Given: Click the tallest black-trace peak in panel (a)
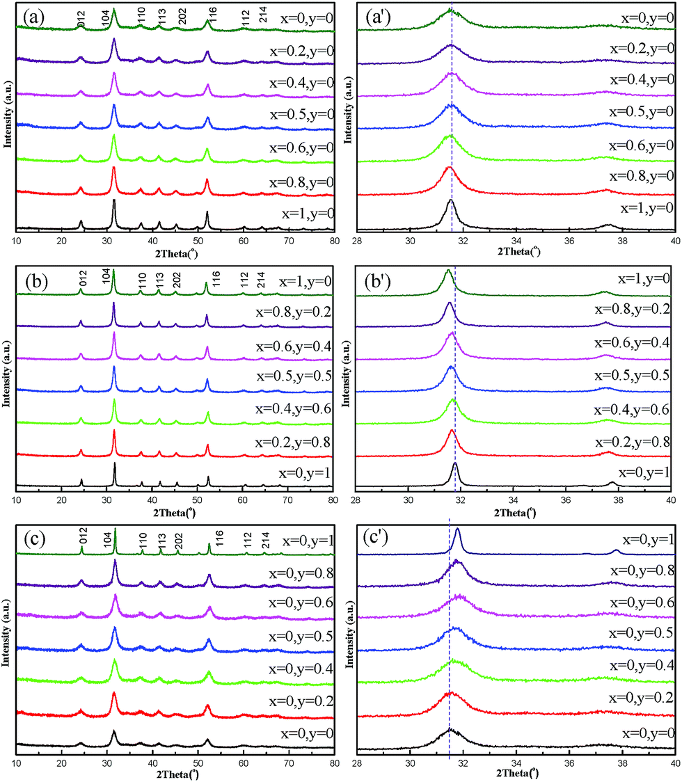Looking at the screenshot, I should pos(113,201).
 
